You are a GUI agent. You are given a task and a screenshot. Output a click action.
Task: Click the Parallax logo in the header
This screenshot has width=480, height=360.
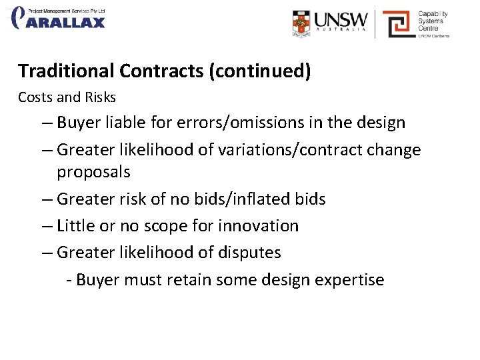point(59,18)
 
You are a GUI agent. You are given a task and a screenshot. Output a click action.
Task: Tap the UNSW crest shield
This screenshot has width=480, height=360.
point(301,23)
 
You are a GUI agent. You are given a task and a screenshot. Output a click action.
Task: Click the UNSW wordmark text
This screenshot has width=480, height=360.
point(341,20)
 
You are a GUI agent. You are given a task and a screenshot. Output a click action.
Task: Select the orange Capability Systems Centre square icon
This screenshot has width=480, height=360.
point(397,24)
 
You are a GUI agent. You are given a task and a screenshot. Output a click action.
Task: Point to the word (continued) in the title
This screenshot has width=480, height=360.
point(260,71)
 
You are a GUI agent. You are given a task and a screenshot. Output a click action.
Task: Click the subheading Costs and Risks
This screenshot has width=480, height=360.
point(67,97)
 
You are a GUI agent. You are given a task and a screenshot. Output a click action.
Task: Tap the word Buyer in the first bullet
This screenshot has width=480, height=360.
point(78,123)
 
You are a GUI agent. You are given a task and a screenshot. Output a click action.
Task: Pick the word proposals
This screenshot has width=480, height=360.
point(93,172)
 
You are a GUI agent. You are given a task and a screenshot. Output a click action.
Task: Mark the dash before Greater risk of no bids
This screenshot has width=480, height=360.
point(45,199)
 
